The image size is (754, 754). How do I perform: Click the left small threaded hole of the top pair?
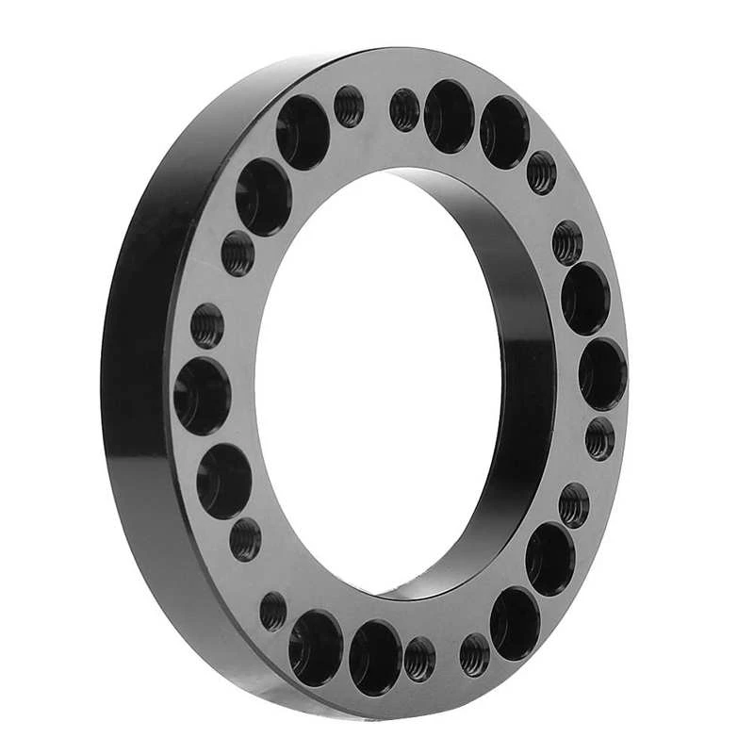pyautogui.click(x=349, y=106)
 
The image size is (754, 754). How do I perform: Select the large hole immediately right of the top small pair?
pyautogui.click(x=449, y=116)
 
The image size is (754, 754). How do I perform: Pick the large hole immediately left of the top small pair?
pyautogui.click(x=303, y=133)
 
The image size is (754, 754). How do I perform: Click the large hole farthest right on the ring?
pyautogui.click(x=602, y=373)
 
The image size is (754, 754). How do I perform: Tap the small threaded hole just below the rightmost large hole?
pyautogui.click(x=600, y=438)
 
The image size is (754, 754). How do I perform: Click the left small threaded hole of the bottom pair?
pyautogui.click(x=420, y=658)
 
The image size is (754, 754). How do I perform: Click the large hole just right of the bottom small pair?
pyautogui.click(x=516, y=622)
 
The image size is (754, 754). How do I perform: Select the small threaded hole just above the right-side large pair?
pyautogui.click(x=567, y=242)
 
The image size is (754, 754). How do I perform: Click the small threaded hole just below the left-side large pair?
pyautogui.click(x=245, y=539)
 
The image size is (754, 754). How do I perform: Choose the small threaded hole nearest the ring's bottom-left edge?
pyautogui.click(x=274, y=611)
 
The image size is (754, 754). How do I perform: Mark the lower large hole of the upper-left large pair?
pyautogui.click(x=263, y=197)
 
